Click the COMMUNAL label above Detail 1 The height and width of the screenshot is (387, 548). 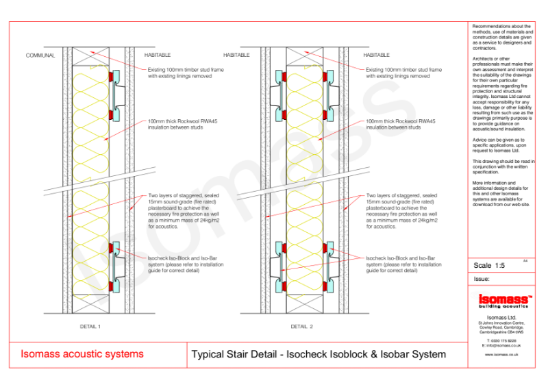tap(40, 55)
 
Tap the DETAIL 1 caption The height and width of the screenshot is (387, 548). tap(90, 327)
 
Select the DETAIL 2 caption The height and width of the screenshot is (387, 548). tap(301, 327)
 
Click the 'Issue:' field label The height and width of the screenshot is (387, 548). tap(482, 279)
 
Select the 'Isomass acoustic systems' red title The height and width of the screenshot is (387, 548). tap(82, 354)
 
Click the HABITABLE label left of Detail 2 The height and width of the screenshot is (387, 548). tap(237, 55)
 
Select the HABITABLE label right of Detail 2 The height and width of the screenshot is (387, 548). tap(376, 55)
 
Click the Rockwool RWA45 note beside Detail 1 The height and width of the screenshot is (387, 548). tap(182, 124)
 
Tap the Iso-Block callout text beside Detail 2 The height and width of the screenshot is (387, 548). tap(403, 264)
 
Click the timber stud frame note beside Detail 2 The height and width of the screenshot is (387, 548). tap(403, 73)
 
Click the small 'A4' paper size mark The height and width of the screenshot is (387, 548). tap(525, 260)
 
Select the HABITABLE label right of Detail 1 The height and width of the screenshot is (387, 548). tap(158, 55)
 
